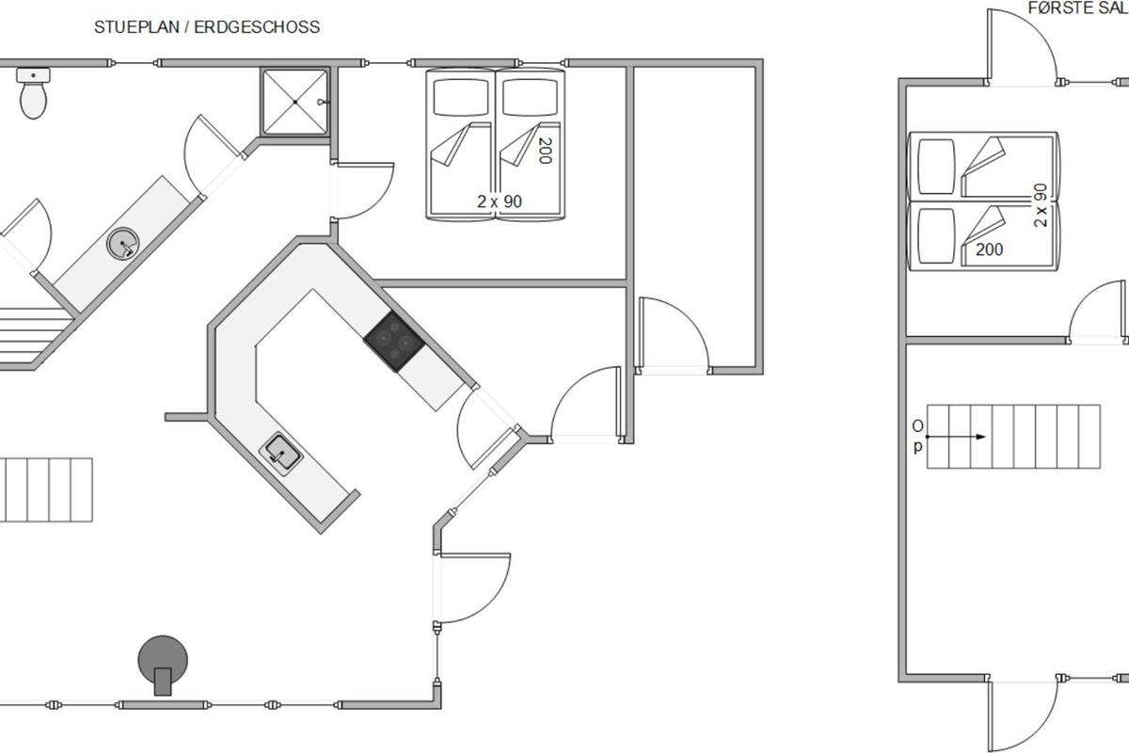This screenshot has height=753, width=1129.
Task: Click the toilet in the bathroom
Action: (x=33, y=93)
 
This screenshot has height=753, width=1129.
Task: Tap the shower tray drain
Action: (x=294, y=102)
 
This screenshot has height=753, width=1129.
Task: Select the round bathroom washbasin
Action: (x=123, y=244)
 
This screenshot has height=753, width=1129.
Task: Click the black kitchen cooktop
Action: (x=394, y=342)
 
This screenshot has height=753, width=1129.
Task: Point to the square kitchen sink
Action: (x=280, y=454)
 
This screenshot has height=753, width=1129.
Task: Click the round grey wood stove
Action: (x=163, y=665)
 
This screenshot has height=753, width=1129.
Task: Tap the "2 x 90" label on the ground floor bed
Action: (x=500, y=201)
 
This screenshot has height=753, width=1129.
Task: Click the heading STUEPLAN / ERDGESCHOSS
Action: (x=207, y=27)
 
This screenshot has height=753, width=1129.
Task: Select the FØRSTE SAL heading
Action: (x=1077, y=8)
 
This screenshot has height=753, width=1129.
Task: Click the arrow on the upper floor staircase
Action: (x=956, y=437)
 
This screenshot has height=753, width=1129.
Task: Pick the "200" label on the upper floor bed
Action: (x=989, y=249)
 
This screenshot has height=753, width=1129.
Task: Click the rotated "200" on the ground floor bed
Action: (x=545, y=151)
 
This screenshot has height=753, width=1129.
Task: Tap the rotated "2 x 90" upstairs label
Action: (x=1041, y=205)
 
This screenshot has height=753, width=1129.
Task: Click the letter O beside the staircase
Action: (x=918, y=426)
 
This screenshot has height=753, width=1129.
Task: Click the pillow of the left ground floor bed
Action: (x=461, y=97)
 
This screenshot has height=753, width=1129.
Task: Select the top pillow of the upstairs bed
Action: (x=936, y=167)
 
